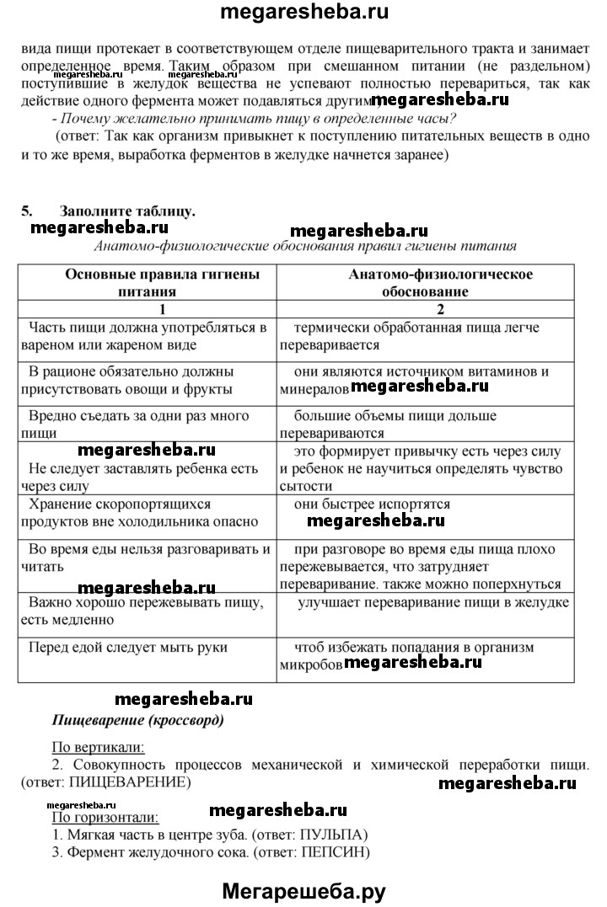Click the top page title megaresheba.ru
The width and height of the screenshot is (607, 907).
pos(305,12)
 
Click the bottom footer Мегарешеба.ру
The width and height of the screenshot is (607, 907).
pos(304,889)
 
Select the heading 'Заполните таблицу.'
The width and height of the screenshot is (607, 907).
pos(127,211)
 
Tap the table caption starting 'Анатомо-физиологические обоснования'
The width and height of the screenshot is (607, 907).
pos(305,246)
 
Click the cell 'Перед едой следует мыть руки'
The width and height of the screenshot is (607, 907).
pos(116,648)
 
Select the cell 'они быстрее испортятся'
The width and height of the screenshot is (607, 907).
pos(372,504)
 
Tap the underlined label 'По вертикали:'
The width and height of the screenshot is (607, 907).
pos(98,746)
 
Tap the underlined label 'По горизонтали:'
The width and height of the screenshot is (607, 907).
pos(105,817)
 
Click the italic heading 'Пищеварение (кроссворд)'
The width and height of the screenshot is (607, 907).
pos(138,721)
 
